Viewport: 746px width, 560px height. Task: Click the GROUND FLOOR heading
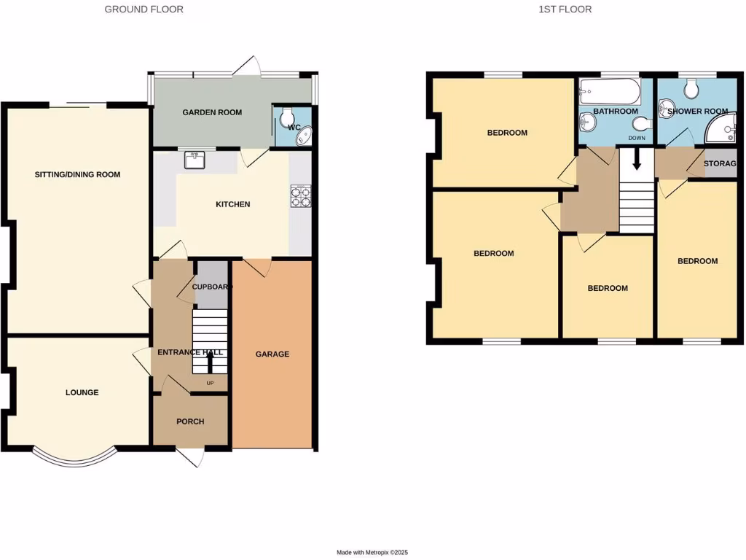click(x=144, y=9)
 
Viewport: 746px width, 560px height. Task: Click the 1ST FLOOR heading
click(x=565, y=9)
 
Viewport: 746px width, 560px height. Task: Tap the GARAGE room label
click(x=272, y=354)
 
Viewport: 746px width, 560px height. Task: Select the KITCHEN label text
click(x=232, y=204)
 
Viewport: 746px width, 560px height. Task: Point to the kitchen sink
click(x=195, y=160)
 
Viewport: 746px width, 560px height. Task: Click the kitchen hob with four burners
click(x=300, y=195)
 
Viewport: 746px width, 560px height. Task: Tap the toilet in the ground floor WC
click(x=287, y=116)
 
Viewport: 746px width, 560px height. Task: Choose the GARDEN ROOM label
click(x=212, y=112)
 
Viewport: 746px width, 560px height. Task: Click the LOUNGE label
click(x=82, y=392)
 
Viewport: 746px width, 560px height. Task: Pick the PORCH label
click(x=190, y=421)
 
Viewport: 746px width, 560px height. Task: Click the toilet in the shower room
click(x=691, y=89)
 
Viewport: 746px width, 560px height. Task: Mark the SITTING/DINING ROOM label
click(x=77, y=174)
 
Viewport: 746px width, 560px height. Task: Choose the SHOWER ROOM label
click(x=693, y=112)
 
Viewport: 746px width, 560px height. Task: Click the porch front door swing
click(x=191, y=456)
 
